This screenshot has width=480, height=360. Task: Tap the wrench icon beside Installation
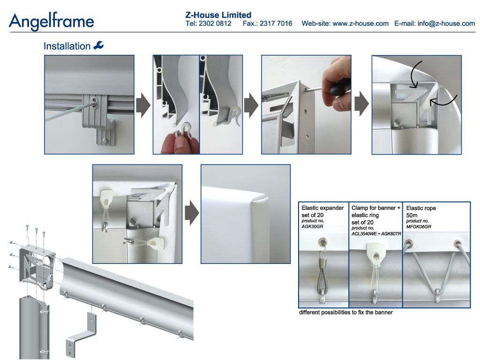coord(98,45)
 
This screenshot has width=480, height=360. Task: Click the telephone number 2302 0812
coord(215,23)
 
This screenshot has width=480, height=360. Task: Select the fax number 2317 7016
coord(276,23)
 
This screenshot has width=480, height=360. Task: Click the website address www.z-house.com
coord(360,23)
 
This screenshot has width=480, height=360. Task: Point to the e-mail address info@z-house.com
coord(446,23)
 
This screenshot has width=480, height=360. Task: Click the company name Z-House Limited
coord(218,15)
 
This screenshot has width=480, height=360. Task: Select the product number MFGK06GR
coord(419,227)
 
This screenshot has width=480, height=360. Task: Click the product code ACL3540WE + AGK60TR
coord(376,234)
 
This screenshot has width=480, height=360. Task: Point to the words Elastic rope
coord(421,208)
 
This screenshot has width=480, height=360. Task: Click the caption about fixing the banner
coord(345,312)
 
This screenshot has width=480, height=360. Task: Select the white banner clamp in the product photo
coord(375,252)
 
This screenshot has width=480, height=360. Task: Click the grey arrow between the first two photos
coord(143,105)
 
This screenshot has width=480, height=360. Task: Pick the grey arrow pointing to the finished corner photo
coord(192,213)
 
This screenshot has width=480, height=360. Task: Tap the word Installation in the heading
coord(67,46)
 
